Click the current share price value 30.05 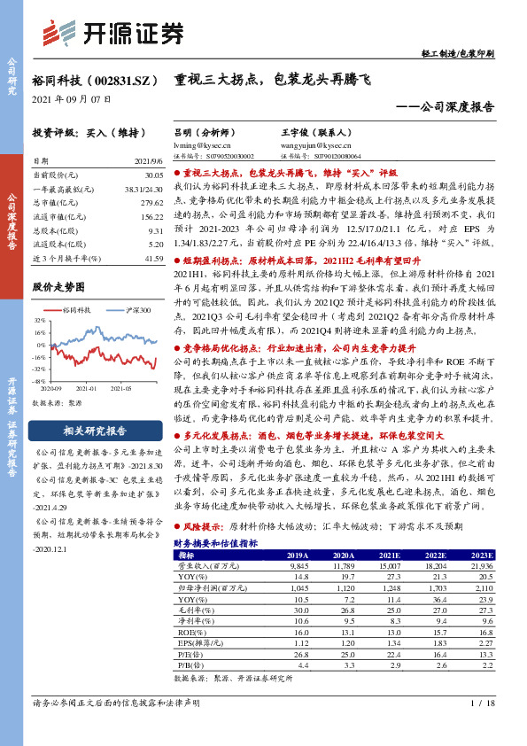click(x=151, y=175)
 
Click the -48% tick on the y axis click(x=39, y=379)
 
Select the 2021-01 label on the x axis click(x=89, y=387)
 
